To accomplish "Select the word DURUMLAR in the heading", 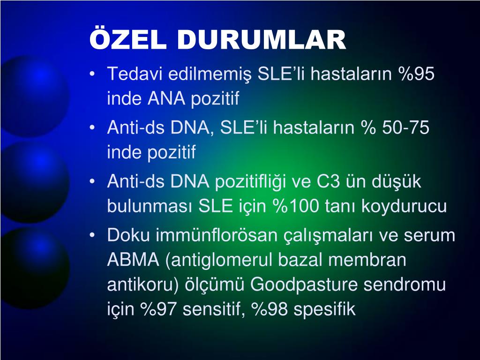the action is coord(262,40).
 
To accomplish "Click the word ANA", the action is coord(166,98).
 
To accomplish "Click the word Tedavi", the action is coord(135,74).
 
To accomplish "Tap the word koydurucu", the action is coord(404,207).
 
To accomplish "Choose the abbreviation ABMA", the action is coord(133,260).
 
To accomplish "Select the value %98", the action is coord(270,309).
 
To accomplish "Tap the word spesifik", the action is coord(324,309).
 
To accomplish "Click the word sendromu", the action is coord(405,285).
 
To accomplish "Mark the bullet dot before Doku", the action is coord(92,235).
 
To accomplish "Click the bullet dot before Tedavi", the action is coord(92,74).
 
